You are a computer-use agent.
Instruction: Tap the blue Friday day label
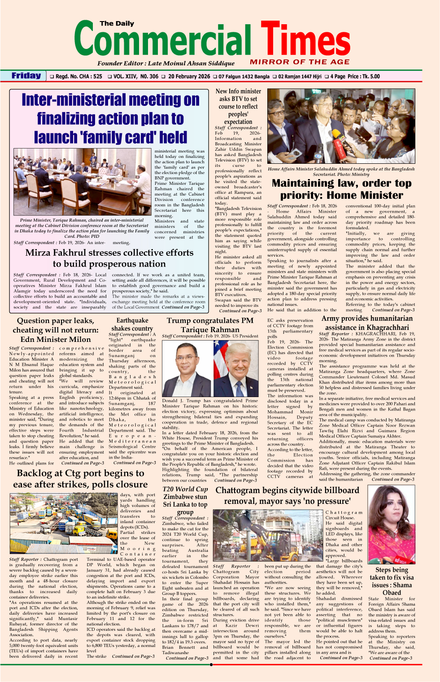(26, 76)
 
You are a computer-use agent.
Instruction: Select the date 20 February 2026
(189, 77)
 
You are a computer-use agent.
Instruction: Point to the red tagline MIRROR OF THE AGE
(300, 62)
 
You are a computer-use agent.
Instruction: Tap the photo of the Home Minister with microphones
(340, 127)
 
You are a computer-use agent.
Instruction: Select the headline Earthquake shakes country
(132, 324)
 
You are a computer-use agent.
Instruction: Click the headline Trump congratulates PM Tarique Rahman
(210, 325)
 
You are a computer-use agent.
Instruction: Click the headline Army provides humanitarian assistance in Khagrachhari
(367, 323)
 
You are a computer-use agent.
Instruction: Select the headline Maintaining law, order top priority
(341, 189)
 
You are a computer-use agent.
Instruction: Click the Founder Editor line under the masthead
(166, 63)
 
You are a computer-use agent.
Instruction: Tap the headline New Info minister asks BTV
(238, 106)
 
